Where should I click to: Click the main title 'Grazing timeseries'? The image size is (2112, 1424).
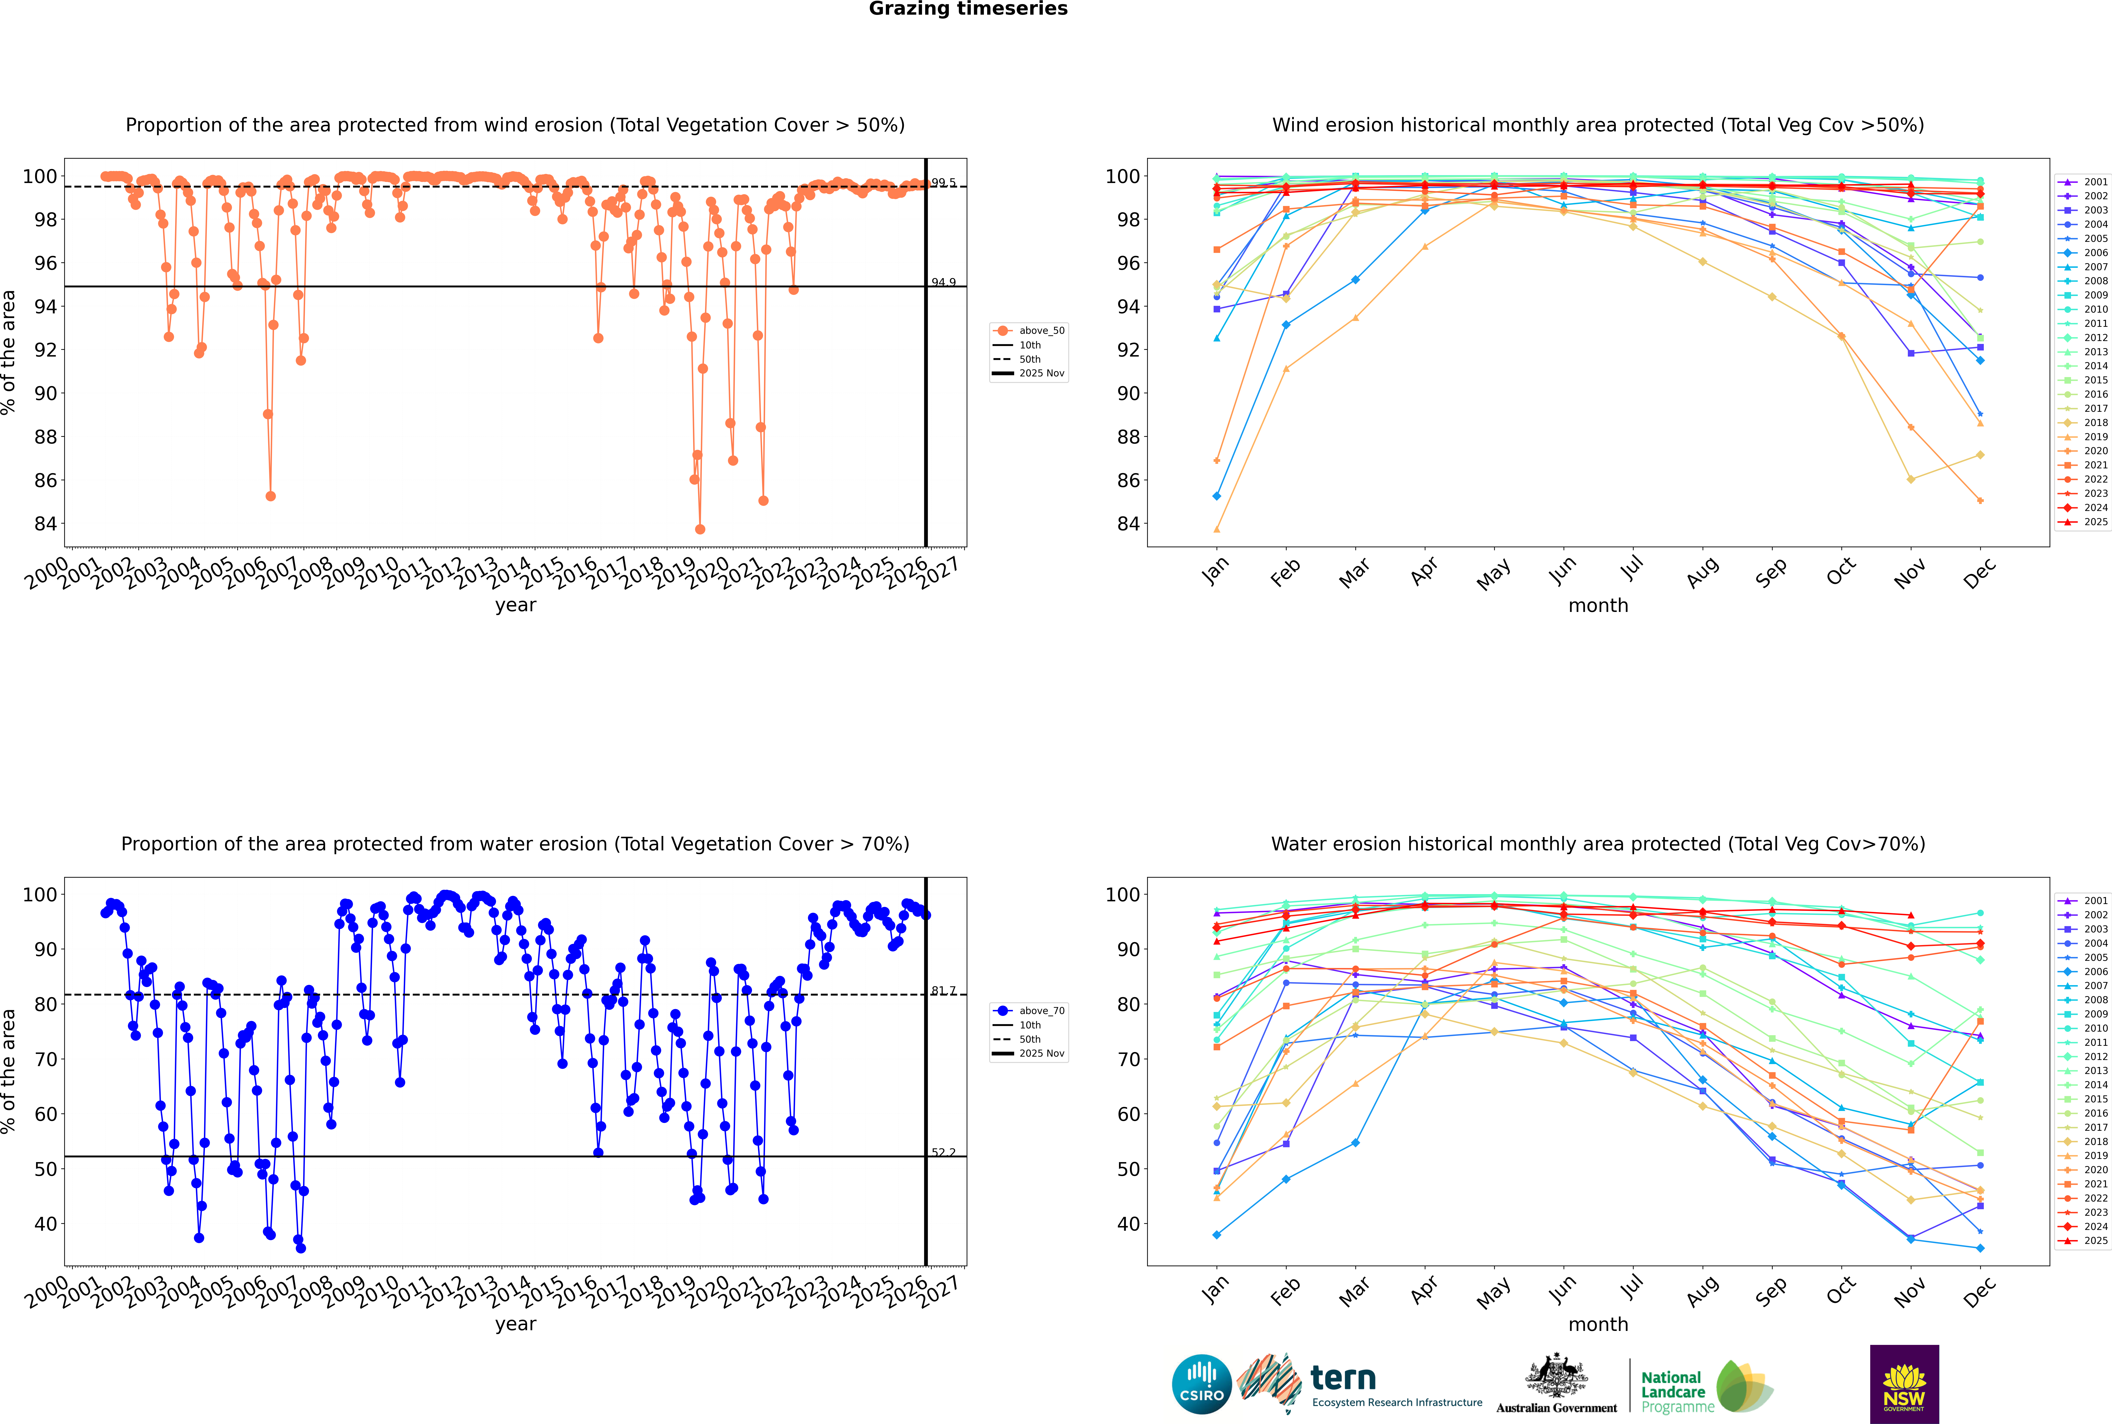tap(968, 9)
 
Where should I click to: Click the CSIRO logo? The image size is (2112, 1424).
tap(1201, 1384)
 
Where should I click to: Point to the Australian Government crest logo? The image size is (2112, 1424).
tap(1556, 1384)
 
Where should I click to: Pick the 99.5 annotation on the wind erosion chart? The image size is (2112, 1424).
tap(943, 183)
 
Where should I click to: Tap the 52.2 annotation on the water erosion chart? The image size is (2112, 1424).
tap(943, 1152)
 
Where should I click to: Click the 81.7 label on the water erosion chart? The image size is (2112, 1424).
tap(943, 991)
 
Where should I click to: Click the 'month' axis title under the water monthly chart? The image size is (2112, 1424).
tap(1598, 1324)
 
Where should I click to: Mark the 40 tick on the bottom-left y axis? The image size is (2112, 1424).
tap(44, 1224)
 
